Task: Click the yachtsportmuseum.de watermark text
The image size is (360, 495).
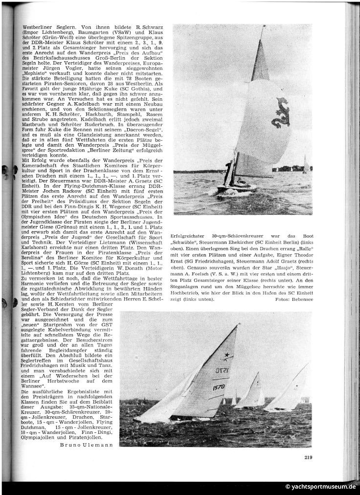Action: tap(321, 487)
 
